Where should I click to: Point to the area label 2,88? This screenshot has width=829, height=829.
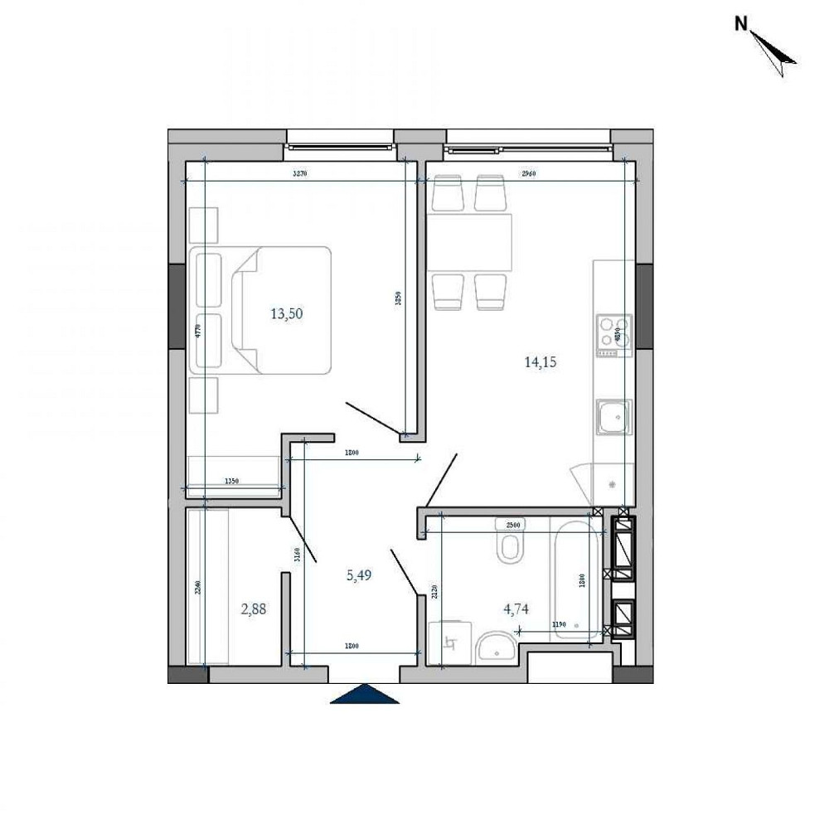coord(255,609)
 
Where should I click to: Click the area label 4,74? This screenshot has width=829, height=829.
coord(516,609)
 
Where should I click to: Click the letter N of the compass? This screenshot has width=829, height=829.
coord(740,25)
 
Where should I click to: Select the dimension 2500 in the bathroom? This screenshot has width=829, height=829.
coord(512,526)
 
